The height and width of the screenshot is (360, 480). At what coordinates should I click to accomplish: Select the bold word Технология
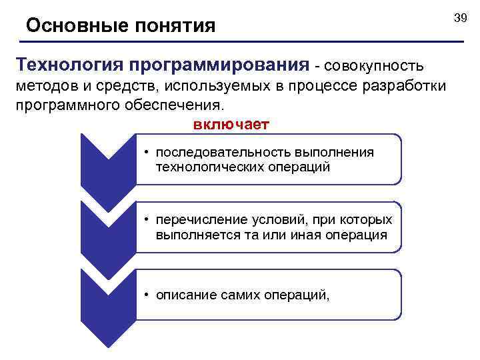[71, 65]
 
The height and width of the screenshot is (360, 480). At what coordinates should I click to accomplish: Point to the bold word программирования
[221, 66]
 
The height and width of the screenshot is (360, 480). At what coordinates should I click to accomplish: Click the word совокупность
[374, 66]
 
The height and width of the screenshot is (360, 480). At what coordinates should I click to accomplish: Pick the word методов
[43, 87]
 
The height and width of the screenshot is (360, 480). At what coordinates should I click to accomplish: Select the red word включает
[231, 125]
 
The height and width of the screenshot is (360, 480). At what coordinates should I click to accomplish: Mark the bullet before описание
[147, 295]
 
